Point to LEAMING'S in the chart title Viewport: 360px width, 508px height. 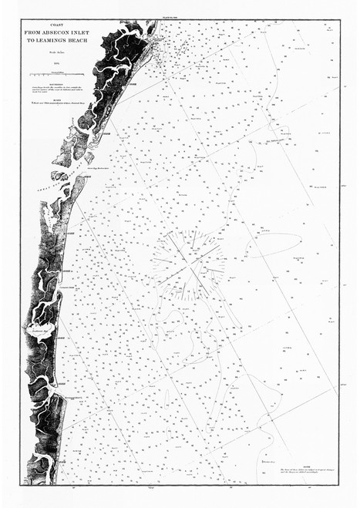[50, 40]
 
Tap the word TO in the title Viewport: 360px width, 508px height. [30, 40]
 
